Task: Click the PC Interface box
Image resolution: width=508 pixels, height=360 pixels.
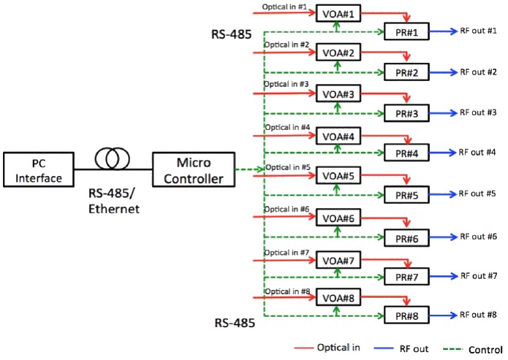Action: [38, 169]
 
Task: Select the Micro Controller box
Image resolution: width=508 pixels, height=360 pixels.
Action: [193, 169]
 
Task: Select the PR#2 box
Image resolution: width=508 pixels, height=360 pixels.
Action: [406, 73]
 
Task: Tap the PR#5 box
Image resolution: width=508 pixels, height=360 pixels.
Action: [406, 196]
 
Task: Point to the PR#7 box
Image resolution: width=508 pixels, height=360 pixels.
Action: [406, 277]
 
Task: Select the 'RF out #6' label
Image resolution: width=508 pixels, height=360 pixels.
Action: [478, 237]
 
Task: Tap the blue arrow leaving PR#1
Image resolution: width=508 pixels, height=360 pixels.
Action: [441, 31]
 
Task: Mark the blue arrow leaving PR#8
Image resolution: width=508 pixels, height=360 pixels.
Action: [441, 316]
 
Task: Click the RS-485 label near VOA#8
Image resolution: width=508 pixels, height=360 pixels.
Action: [235, 322]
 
